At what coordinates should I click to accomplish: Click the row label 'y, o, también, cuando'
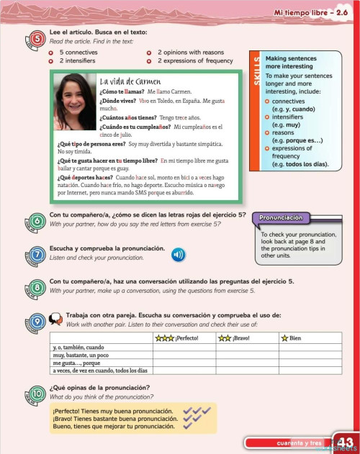[74, 347]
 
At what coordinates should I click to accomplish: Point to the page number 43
[344, 442]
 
